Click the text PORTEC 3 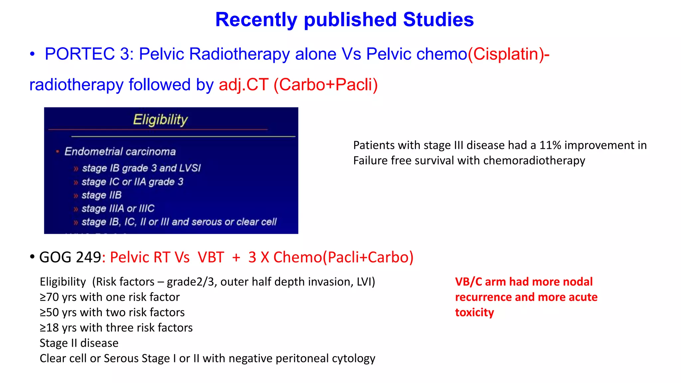[x=89, y=54]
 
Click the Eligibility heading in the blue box [x=160, y=120]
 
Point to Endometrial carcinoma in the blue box [x=120, y=152]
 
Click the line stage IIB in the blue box [x=101, y=195]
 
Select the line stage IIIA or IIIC [x=118, y=208]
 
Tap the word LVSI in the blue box [x=190, y=168]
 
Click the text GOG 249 [x=70, y=257]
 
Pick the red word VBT [x=211, y=257]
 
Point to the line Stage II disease [x=79, y=343]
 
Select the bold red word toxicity [x=474, y=313]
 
